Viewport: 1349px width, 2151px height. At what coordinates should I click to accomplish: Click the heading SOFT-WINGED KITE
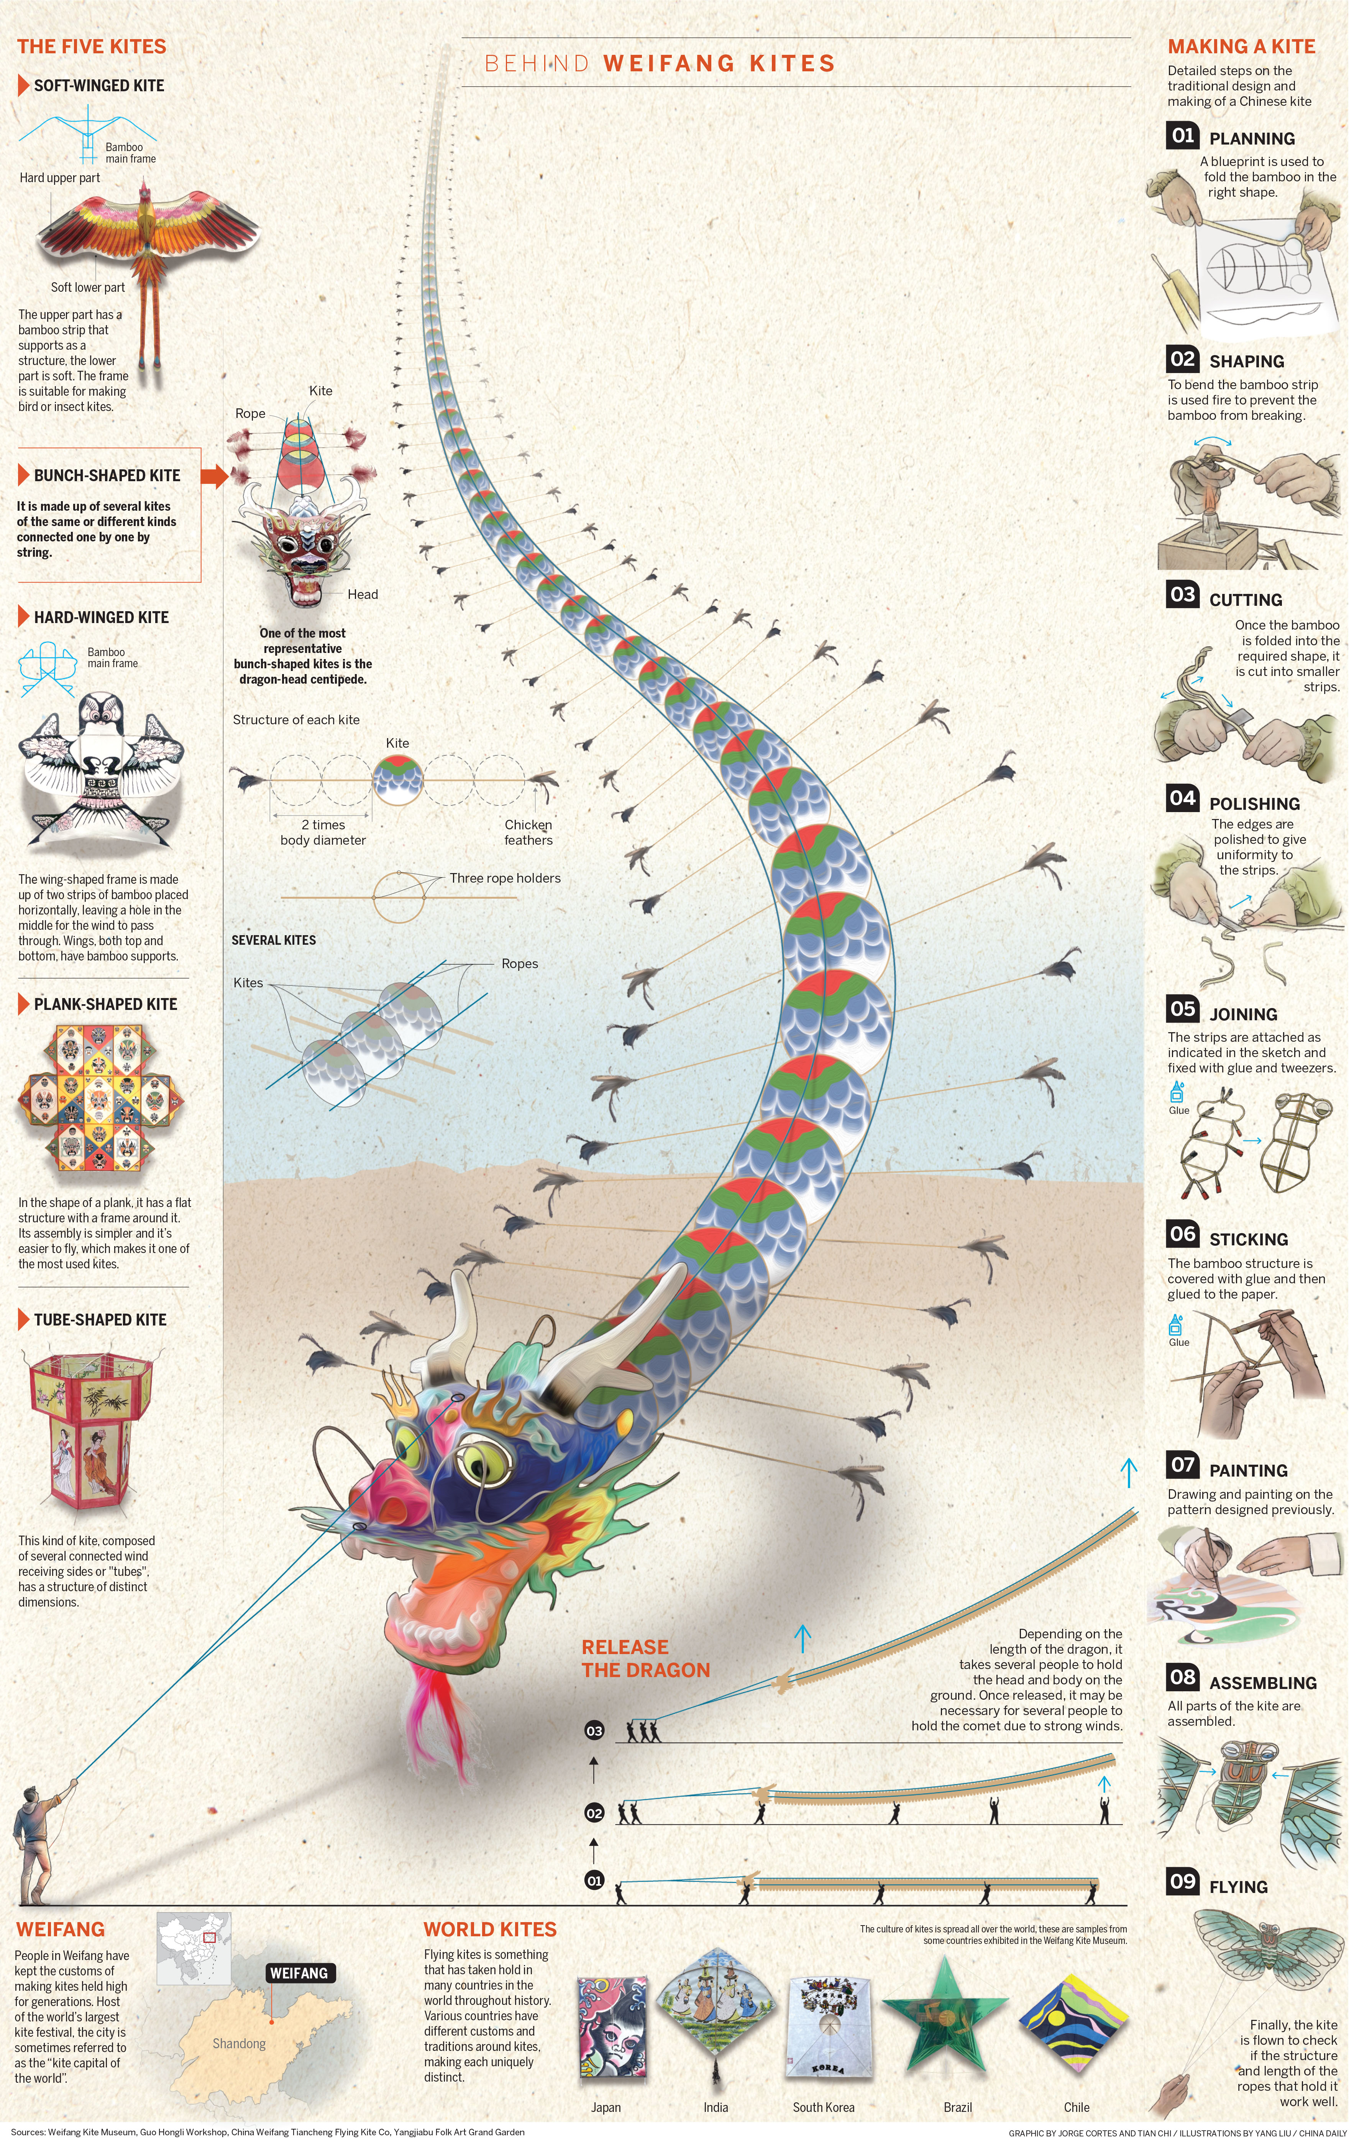[99, 86]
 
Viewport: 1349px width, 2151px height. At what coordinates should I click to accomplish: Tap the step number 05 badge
[1183, 1008]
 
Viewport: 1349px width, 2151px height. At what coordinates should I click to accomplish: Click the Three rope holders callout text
[505, 878]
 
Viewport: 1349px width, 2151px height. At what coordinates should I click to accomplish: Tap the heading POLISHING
[1254, 803]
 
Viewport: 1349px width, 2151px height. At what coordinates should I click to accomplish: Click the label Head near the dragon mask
[362, 594]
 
